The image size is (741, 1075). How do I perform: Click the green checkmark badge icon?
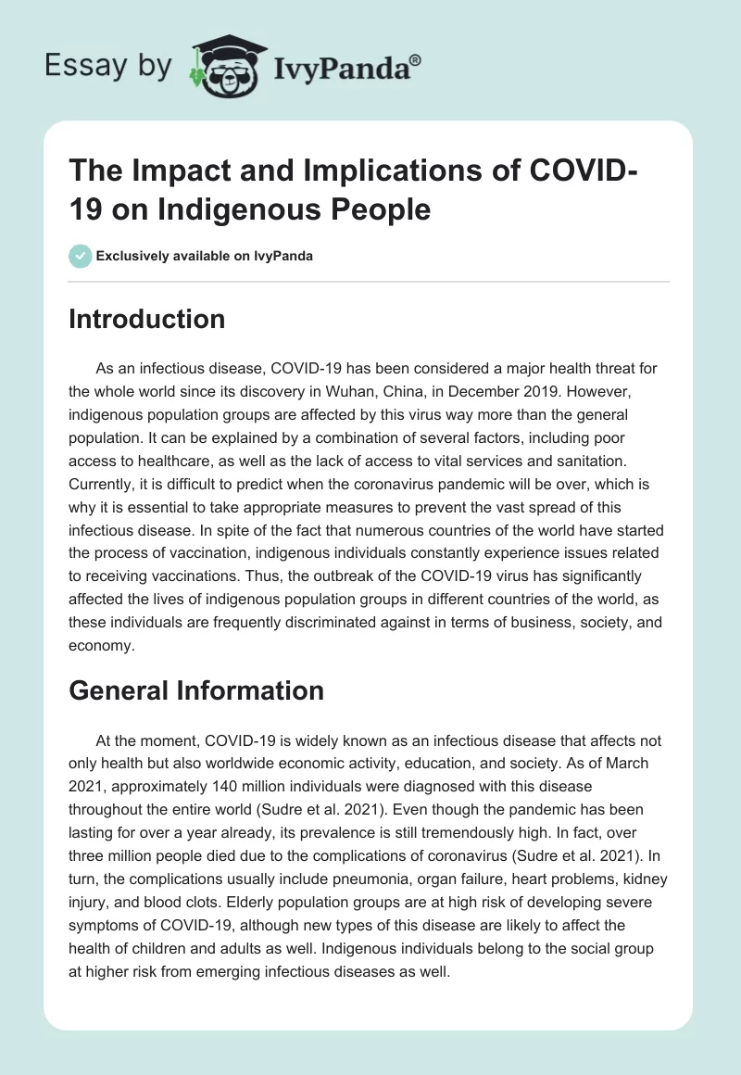click(81, 256)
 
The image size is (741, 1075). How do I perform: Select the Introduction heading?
click(147, 319)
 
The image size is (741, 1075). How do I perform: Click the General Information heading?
click(196, 690)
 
